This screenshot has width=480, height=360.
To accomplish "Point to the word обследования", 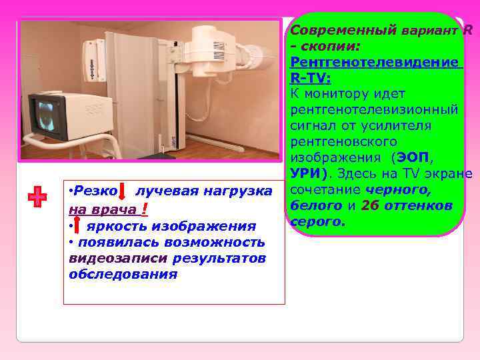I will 123,274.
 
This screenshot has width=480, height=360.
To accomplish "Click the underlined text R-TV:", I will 311,77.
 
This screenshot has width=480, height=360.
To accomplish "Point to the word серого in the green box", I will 317,221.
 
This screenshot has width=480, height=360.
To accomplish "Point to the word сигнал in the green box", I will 316,125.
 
